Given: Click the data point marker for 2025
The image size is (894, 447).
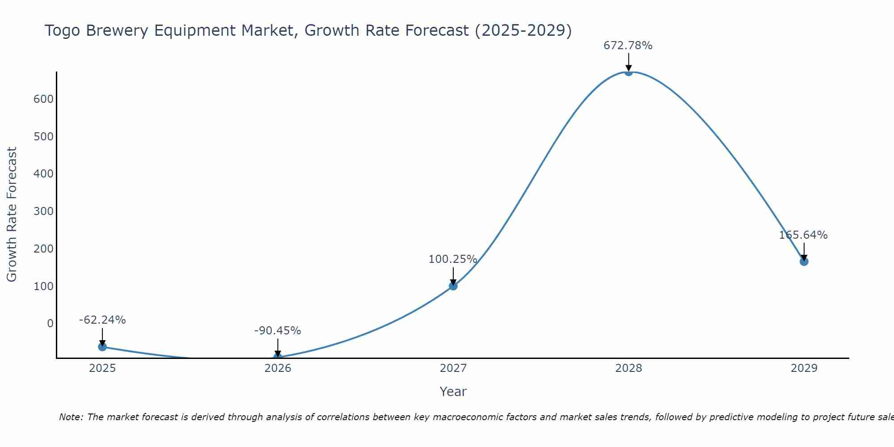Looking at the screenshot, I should point(102,346).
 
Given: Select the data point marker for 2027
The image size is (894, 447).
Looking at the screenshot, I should point(453,286).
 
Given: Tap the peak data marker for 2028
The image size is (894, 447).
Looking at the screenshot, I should point(628,72).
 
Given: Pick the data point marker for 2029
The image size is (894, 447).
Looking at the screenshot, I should point(804,261).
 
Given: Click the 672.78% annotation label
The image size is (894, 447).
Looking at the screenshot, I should point(628,46).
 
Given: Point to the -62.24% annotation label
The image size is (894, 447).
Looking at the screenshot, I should point(102,320).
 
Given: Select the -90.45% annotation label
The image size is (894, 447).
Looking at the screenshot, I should point(278,331).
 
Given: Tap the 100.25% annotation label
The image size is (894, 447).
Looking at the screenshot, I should point(453,259).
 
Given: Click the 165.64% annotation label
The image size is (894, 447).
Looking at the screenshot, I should point(803,235).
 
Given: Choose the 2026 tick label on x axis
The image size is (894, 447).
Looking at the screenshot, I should point(278,368).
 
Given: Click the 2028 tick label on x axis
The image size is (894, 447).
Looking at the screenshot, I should point(628,368).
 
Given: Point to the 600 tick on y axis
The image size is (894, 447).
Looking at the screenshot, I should point(43,99).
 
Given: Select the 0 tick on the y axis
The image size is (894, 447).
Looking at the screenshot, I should point(50,324).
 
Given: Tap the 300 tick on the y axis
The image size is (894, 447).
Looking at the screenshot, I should point(43,211).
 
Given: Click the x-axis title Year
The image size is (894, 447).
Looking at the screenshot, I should point(453,392).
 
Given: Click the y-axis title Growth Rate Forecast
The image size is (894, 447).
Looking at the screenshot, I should point(12,215).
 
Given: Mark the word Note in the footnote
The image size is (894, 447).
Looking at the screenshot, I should point(71,417).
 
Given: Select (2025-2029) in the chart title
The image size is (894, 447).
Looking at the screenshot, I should point(523,31).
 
